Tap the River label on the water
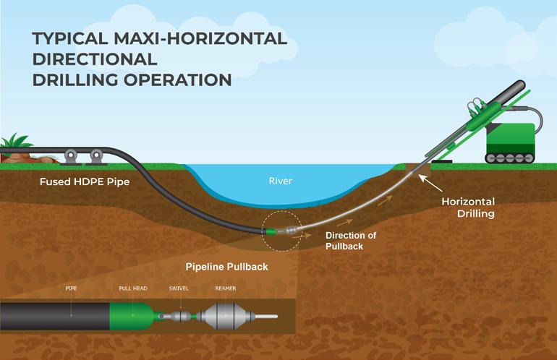point(280,181)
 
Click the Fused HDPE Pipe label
point(85,182)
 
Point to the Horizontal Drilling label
point(468,207)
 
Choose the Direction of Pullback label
point(351,241)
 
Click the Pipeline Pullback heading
point(226,267)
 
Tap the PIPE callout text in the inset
point(71,288)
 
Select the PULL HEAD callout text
point(133,288)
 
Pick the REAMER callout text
point(225,288)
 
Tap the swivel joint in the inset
point(179,317)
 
